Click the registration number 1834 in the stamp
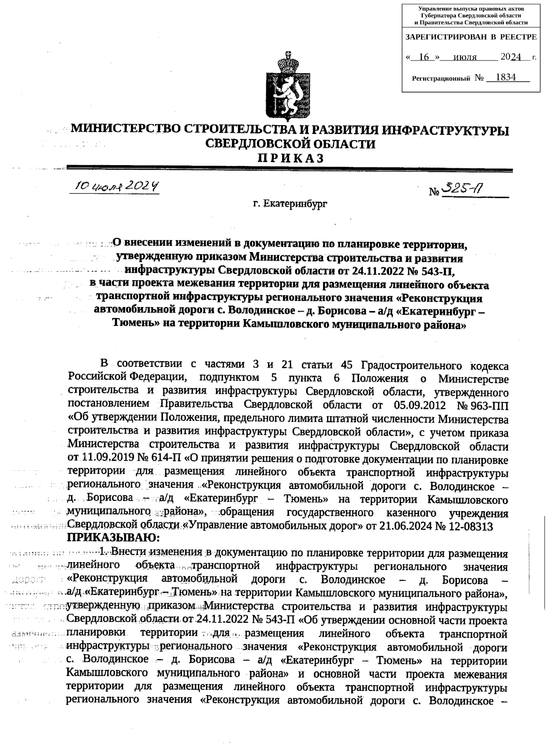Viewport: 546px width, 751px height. click(x=506, y=77)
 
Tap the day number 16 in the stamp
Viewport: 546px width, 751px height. click(x=424, y=57)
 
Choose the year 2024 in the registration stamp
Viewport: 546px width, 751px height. click(x=511, y=57)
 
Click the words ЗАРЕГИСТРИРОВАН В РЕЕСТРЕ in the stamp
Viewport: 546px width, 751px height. click(x=471, y=37)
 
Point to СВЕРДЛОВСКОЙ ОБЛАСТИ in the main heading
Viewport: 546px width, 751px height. click(x=291, y=144)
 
